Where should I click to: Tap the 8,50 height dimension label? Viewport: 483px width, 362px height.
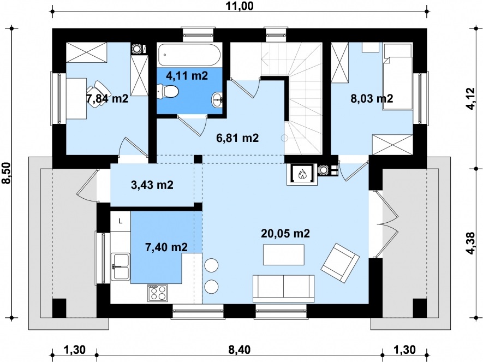[6, 173]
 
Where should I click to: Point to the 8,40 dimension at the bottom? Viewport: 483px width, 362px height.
[240, 349]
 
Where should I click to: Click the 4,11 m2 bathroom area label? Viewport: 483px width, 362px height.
[187, 75]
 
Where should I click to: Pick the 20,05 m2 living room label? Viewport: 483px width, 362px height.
[285, 234]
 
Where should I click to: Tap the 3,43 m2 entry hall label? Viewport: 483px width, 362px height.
[152, 185]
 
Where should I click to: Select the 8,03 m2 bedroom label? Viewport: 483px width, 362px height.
[372, 99]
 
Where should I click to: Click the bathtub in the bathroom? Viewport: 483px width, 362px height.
[189, 55]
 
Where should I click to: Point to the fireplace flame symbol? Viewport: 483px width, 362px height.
[301, 174]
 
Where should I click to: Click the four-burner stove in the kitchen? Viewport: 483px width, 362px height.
[158, 292]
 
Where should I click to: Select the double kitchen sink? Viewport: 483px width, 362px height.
[121, 267]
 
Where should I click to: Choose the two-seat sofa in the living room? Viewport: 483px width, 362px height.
[283, 289]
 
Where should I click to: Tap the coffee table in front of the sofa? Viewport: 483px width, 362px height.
[284, 254]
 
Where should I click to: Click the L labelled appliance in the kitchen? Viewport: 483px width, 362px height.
[121, 221]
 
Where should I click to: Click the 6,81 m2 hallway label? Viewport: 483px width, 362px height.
[237, 138]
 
